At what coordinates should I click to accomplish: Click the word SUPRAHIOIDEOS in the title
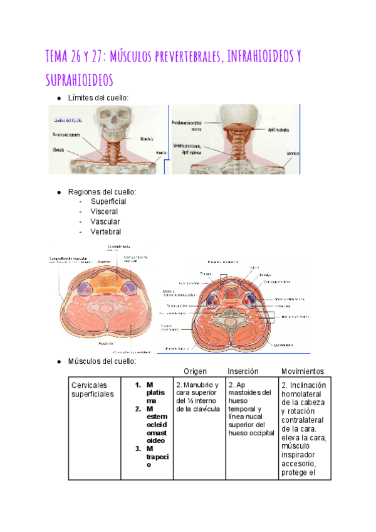pos(79,80)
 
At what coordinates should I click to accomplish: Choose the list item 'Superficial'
pos(108,201)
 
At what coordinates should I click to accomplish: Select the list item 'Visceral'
pos(104,211)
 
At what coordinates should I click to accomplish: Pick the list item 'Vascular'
pos(105,221)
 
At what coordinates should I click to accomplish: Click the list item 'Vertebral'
pos(106,231)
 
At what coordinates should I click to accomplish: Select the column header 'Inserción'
pos(243,371)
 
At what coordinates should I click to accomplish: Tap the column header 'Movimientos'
pos(303,371)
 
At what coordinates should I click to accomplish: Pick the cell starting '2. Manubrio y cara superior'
pos(197,396)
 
